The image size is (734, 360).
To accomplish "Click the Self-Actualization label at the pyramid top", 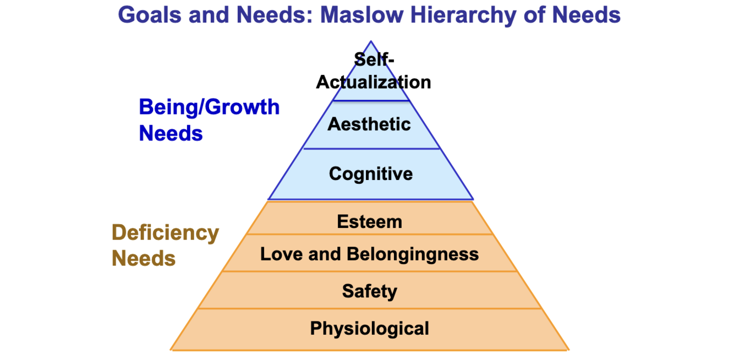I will [x=373, y=71].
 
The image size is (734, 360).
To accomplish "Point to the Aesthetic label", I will [x=369, y=124].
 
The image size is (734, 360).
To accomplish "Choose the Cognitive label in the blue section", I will [x=370, y=174].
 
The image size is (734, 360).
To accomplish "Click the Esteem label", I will [x=369, y=222].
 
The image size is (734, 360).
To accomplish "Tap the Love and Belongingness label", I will [x=369, y=254].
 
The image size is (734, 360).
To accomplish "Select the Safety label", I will [x=369, y=291].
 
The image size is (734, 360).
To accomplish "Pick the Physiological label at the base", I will [x=369, y=329].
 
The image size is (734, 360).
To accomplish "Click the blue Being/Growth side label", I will [x=209, y=107].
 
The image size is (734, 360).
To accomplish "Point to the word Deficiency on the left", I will [x=165, y=233].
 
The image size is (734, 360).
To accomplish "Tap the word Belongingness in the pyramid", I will [x=413, y=254].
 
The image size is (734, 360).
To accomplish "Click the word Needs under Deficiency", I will [x=144, y=258].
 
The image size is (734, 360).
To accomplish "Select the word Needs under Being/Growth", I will [x=171, y=133].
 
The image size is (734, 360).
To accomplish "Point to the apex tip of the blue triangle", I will [x=371, y=42].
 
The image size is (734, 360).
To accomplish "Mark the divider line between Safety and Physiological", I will [x=369, y=309].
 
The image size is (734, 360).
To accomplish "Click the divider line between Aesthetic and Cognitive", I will [x=371, y=149].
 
